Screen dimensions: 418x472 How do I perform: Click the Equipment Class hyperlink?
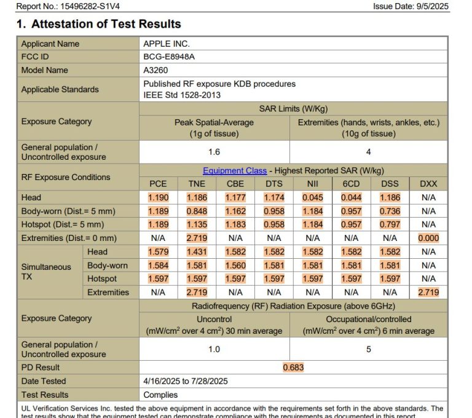(235, 170)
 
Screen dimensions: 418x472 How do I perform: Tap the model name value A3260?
(156, 70)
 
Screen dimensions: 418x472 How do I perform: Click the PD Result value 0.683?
(293, 368)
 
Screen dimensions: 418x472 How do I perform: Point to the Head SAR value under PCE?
(158, 197)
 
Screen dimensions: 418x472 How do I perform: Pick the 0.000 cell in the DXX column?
(428, 238)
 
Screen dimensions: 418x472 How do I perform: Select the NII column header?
(312, 184)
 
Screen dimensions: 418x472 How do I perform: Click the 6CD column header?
(351, 184)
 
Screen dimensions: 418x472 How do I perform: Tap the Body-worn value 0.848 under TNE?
(197, 211)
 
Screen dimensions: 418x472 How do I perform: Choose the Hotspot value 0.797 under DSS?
(390, 224)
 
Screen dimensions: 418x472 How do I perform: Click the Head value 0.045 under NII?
(312, 197)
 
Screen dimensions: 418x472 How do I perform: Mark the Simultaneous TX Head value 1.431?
(197, 251)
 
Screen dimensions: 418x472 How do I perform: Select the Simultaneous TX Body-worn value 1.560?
(235, 265)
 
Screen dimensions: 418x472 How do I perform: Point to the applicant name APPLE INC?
(167, 44)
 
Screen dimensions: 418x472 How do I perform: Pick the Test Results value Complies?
(160, 395)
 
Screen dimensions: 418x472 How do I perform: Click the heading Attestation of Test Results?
(106, 24)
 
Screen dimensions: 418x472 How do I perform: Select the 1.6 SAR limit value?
(214, 152)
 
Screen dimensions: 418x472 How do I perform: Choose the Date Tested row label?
(44, 381)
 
